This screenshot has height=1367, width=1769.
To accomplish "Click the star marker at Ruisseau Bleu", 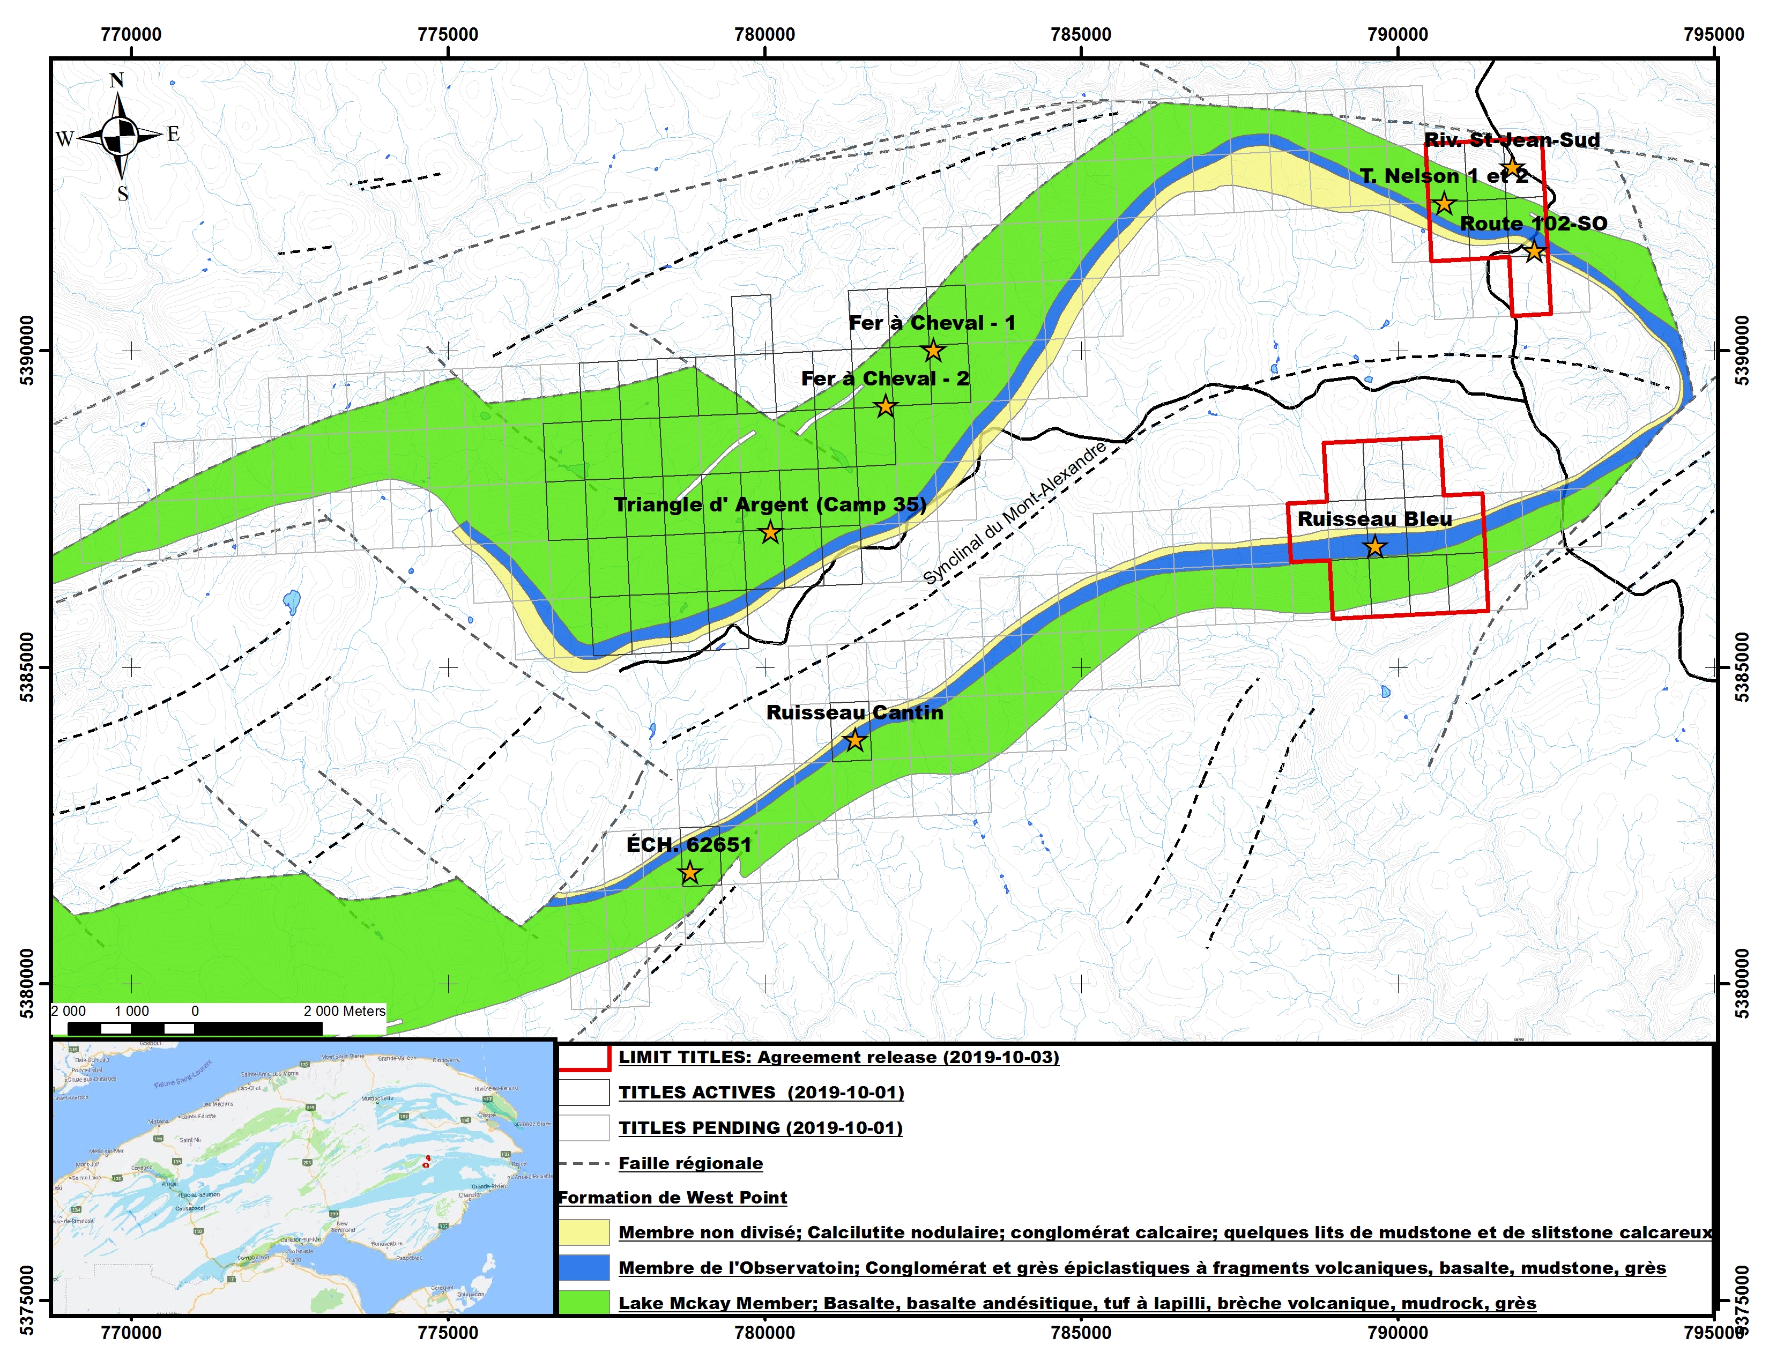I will [x=1374, y=547].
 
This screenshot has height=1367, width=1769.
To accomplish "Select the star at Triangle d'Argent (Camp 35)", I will [x=769, y=533].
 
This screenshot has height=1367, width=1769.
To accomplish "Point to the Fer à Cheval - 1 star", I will [x=933, y=351].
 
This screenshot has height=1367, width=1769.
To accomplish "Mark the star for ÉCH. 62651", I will [x=689, y=873].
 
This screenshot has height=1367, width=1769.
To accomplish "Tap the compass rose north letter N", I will [x=117, y=80].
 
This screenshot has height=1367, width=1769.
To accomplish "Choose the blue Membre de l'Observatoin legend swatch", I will [x=583, y=1267].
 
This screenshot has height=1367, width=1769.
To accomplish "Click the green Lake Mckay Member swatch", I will [x=583, y=1302].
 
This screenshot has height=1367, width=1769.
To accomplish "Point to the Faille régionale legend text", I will [x=690, y=1163].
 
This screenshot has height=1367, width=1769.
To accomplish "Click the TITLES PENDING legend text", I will [x=760, y=1127].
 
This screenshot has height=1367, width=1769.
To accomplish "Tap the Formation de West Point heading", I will [x=672, y=1198].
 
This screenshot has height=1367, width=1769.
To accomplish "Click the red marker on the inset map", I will [x=426, y=1163].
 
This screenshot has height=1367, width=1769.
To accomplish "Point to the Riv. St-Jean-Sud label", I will [x=1512, y=140].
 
